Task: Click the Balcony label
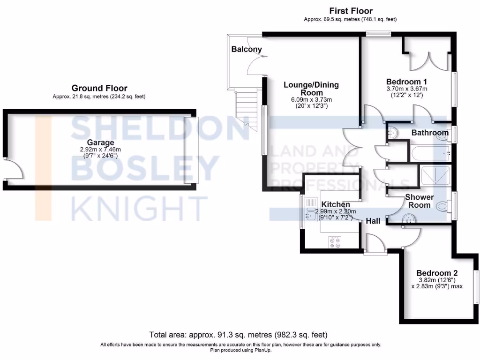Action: (x=246, y=49)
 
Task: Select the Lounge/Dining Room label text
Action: (x=311, y=89)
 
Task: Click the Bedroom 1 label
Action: (x=406, y=81)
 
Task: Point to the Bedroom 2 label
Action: (x=437, y=273)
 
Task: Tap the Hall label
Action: (x=373, y=221)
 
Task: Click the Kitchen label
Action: (x=336, y=205)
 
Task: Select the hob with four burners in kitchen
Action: (x=335, y=242)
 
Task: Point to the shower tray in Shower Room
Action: (x=435, y=176)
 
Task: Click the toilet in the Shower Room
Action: (x=442, y=206)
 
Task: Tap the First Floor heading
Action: (x=351, y=11)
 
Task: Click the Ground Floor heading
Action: (x=99, y=88)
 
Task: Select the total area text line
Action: (x=238, y=335)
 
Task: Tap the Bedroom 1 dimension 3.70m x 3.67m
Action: (x=406, y=89)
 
